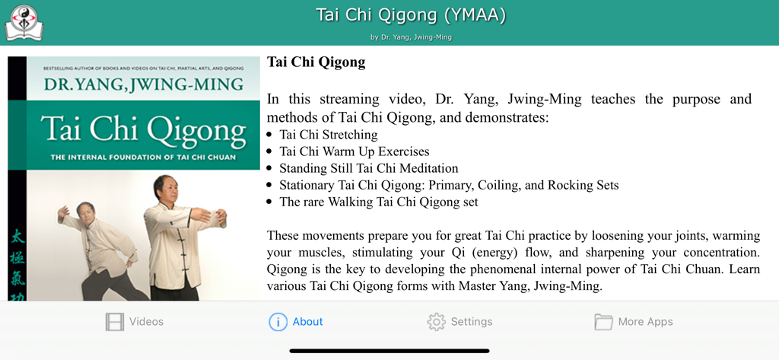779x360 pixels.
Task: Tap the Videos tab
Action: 135,322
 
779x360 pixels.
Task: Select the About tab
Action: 296,322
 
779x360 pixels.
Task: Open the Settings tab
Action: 459,322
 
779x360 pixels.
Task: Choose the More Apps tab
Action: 634,322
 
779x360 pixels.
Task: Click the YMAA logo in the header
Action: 24,22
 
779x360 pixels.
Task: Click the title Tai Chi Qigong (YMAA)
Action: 410,15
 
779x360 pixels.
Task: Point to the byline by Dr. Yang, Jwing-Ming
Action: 411,37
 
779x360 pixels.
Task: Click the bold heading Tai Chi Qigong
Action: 316,62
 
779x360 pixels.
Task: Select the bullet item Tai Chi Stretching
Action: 328,135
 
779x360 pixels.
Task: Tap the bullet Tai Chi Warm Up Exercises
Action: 354,151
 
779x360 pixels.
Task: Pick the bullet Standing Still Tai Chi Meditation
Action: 368,168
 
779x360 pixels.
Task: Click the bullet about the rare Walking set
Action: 378,202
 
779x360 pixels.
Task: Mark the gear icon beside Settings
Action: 436,322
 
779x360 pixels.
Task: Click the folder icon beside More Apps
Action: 603,322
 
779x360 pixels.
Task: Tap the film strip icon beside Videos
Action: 114,322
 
